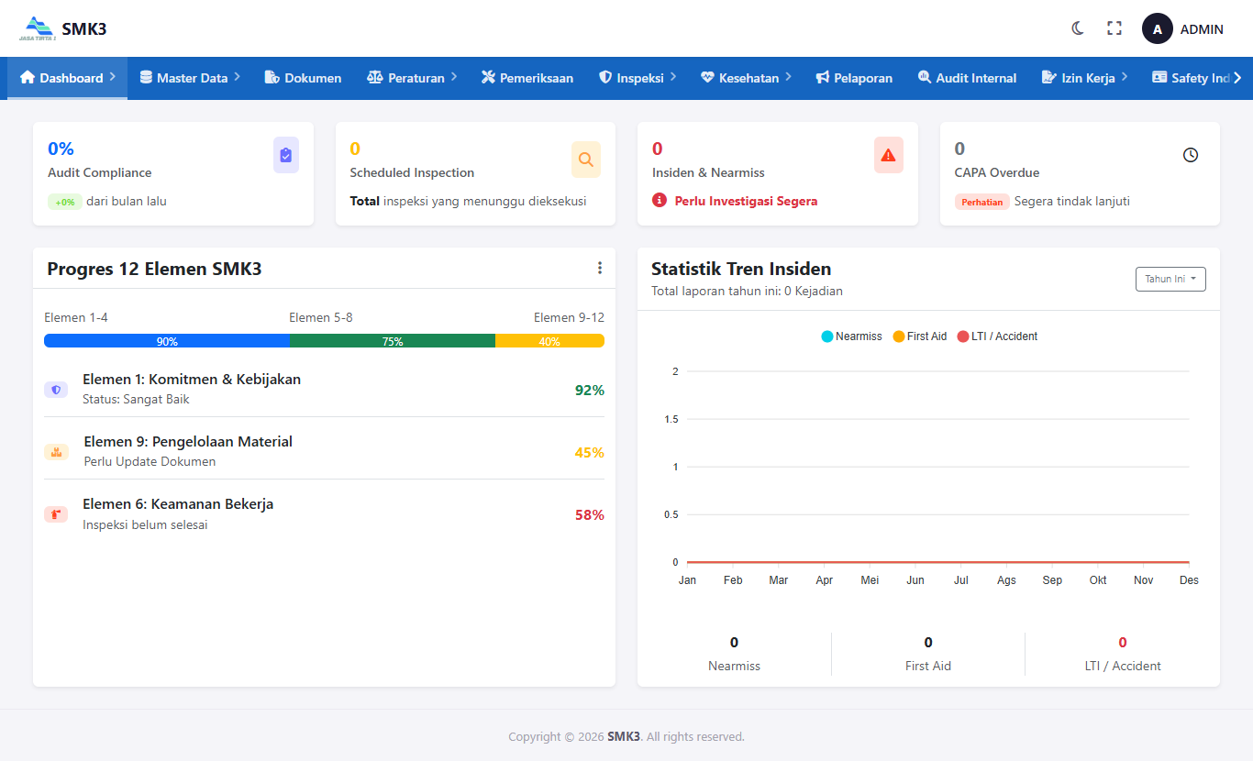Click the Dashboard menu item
click(x=67, y=78)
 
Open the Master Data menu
click(x=190, y=78)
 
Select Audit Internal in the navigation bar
click(x=967, y=78)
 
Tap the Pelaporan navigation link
click(x=854, y=78)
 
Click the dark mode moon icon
click(x=1078, y=28)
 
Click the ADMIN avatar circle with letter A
click(x=1157, y=29)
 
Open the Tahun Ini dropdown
click(x=1170, y=279)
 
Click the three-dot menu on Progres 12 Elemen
click(x=600, y=269)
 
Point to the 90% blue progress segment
click(x=167, y=341)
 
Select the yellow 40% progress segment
click(x=549, y=341)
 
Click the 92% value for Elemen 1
click(x=589, y=391)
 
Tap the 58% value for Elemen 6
click(x=589, y=515)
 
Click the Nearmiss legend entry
click(x=851, y=336)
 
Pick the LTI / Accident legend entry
click(x=997, y=336)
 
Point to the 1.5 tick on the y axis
click(x=671, y=419)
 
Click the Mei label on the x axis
click(x=870, y=580)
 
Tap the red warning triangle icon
click(x=888, y=156)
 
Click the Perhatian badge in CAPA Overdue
click(x=981, y=202)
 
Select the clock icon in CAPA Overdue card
click(x=1191, y=155)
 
